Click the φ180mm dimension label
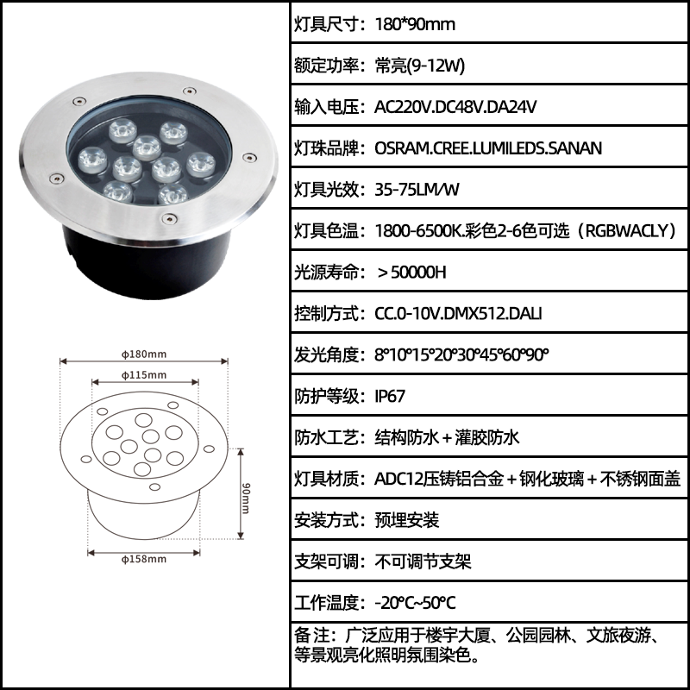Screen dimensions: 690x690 tap(144, 354)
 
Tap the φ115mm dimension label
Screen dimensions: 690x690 tap(144, 375)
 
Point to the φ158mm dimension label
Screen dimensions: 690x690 tap(144, 559)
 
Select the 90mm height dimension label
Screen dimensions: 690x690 tap(246, 499)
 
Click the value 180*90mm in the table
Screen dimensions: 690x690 tap(415, 24)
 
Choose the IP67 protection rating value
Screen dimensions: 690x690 tap(390, 396)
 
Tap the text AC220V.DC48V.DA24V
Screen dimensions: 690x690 tap(455, 107)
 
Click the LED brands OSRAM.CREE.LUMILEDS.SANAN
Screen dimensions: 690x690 tap(488, 148)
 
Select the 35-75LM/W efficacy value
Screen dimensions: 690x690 tap(417, 190)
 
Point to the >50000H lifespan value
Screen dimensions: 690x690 tap(412, 273)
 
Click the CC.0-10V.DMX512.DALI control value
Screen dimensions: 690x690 tap(458, 314)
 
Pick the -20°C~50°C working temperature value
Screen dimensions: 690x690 tap(415, 603)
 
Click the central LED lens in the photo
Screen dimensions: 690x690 tap(147, 147)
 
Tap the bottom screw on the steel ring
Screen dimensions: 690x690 tap(169, 218)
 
